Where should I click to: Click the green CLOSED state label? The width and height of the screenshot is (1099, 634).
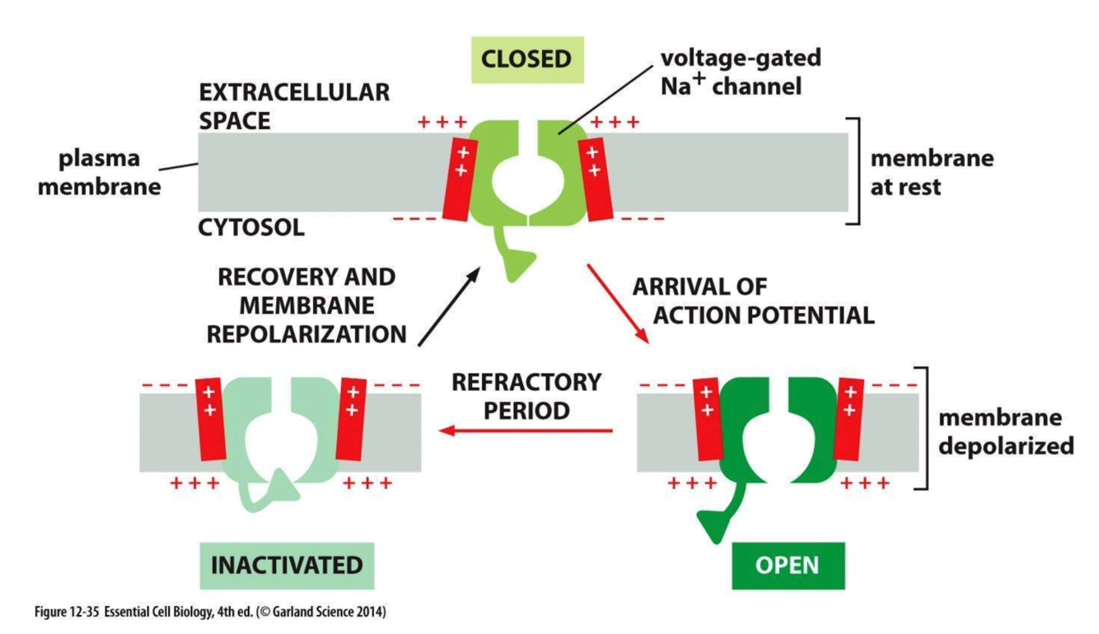[x=527, y=58]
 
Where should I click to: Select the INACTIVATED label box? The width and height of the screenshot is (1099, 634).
[x=288, y=566]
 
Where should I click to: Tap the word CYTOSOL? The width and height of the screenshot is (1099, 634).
[x=251, y=227]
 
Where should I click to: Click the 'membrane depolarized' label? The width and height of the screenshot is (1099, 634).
[x=1006, y=432]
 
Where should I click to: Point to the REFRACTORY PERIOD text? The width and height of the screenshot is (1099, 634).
[x=527, y=395]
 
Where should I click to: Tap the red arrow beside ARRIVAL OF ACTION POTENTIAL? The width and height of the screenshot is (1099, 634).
[x=619, y=304]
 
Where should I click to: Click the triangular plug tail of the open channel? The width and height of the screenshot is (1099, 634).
[x=713, y=523]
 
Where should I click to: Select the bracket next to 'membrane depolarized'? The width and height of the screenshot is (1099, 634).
[x=928, y=428]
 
